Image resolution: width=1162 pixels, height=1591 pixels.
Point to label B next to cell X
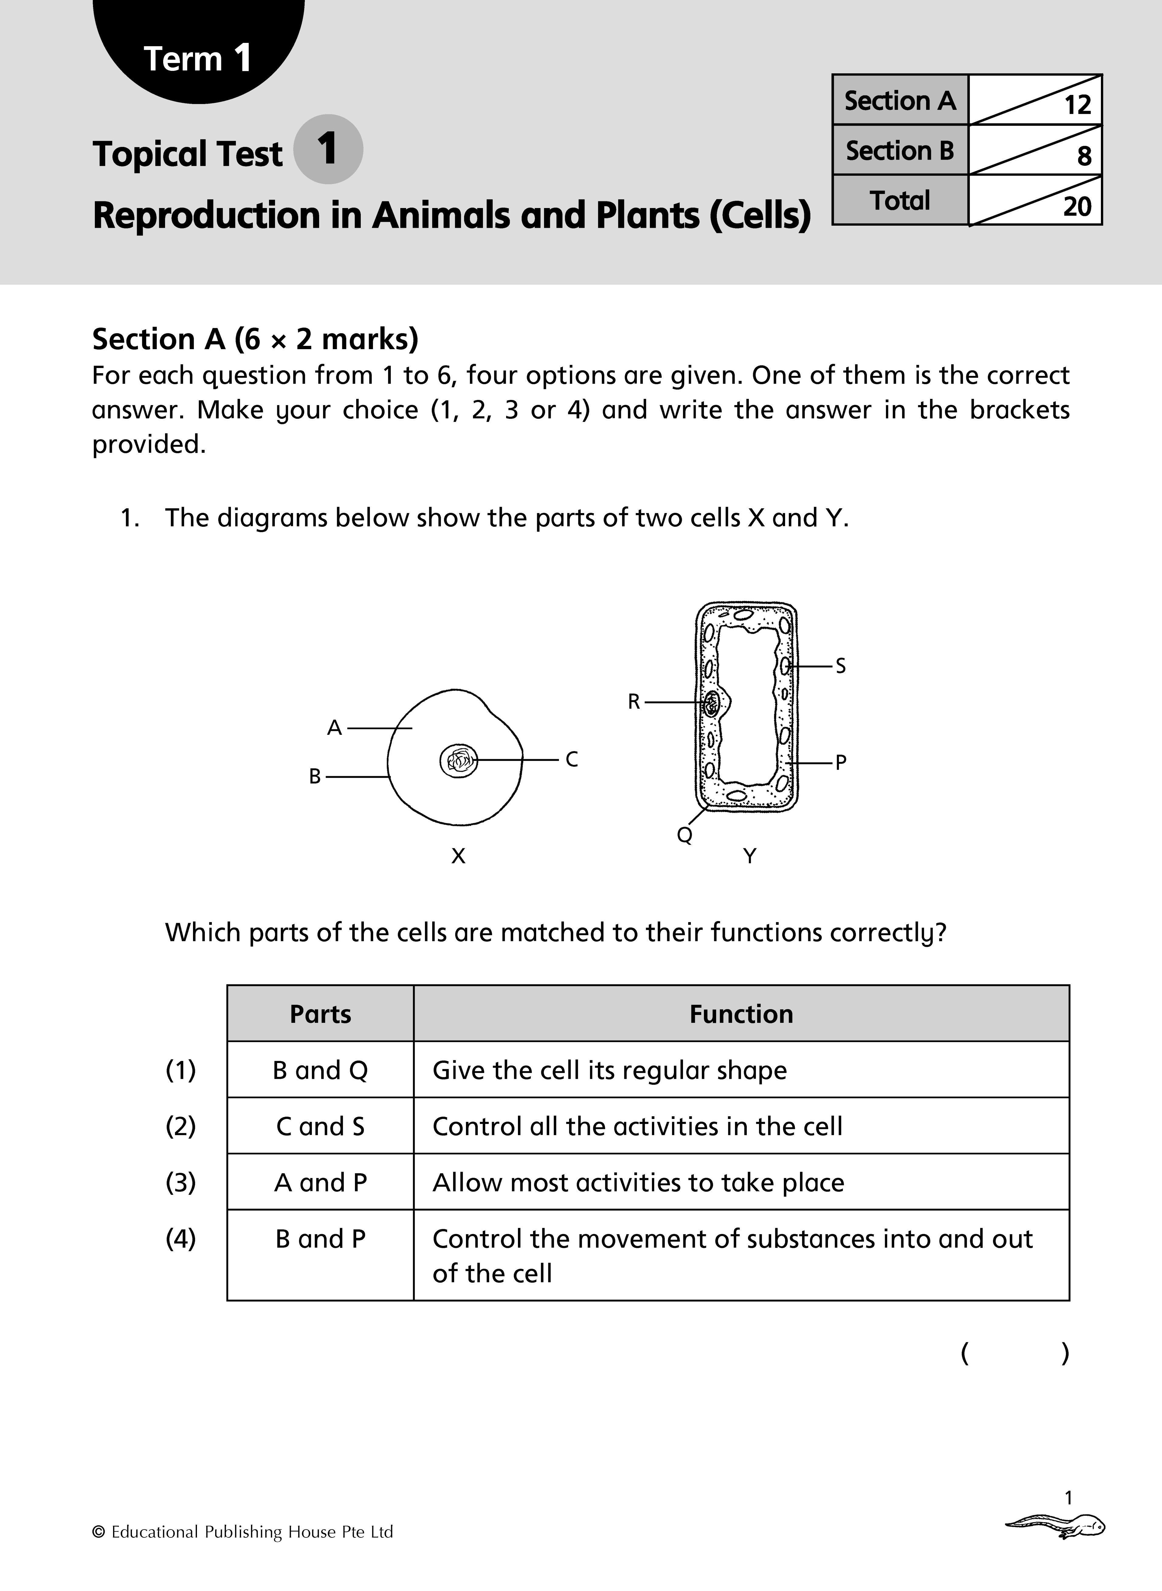click(315, 776)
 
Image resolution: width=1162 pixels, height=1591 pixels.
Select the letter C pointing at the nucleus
click(572, 759)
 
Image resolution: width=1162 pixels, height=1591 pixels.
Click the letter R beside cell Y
click(634, 702)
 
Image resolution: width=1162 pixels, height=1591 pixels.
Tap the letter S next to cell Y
click(840, 666)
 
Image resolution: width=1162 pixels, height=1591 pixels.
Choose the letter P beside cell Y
click(840, 762)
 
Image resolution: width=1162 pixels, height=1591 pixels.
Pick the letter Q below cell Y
click(684, 835)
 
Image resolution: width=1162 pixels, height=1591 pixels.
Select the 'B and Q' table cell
click(320, 1070)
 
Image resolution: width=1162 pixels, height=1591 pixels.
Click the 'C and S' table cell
click(320, 1127)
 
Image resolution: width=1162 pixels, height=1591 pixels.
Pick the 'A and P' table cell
click(320, 1183)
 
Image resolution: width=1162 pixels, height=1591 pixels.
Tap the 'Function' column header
click(741, 1014)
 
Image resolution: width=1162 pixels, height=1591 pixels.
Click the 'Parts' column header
click(320, 1014)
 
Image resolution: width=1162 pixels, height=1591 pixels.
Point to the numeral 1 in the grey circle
click(327, 149)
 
